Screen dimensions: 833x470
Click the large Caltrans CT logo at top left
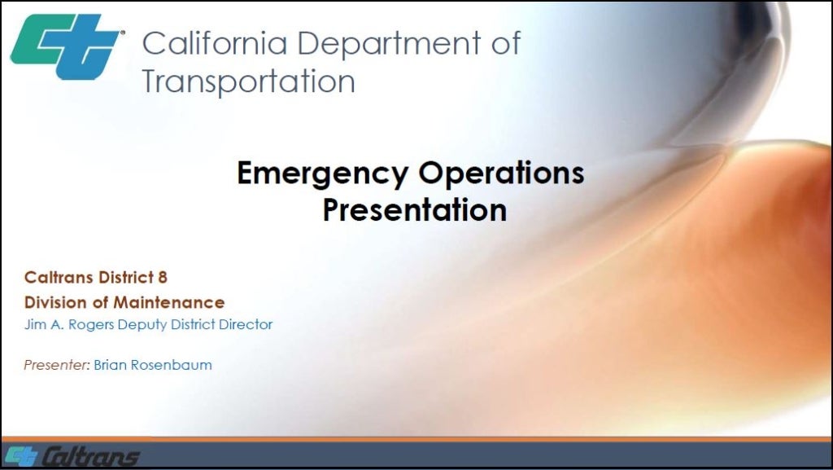coord(66,46)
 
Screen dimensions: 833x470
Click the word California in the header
coord(215,43)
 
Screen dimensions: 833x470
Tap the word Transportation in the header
coord(248,82)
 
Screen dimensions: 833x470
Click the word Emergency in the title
coord(323,174)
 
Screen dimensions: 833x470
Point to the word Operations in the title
coord(501,173)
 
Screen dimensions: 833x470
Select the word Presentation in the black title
coord(414,209)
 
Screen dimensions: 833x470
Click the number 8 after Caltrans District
coord(163,278)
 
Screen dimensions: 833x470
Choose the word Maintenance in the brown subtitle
coord(169,302)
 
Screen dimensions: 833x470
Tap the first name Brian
coord(110,365)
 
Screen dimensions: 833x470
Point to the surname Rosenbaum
coord(171,365)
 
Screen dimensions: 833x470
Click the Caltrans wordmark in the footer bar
coord(91,457)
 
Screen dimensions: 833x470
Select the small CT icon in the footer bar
coord(22,457)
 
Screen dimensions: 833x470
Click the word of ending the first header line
coord(505,43)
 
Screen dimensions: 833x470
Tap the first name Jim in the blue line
coord(35,325)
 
